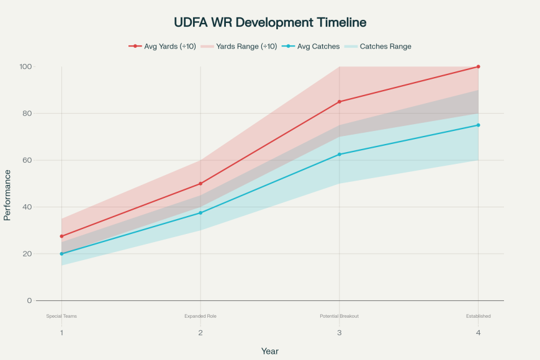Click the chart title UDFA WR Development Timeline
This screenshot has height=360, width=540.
click(270, 22)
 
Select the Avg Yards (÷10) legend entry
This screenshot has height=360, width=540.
click(163, 46)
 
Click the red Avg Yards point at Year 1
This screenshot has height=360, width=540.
click(61, 236)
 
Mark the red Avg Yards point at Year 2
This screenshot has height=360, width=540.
click(200, 184)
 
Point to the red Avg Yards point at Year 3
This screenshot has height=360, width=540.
click(339, 102)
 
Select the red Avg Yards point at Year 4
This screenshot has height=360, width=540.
click(478, 66)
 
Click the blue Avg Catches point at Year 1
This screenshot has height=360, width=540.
click(61, 254)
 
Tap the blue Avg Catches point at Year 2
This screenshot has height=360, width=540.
click(200, 213)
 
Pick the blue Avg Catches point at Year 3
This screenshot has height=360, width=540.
click(339, 155)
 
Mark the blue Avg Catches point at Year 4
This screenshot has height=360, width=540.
click(478, 125)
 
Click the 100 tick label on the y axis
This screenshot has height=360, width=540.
click(43, 66)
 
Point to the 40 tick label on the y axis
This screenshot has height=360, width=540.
click(45, 207)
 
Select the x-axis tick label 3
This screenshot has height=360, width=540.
click(339, 333)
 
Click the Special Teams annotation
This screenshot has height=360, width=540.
click(61, 316)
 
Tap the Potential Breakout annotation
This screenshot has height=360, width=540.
click(339, 316)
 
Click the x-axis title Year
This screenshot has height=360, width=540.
click(270, 351)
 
